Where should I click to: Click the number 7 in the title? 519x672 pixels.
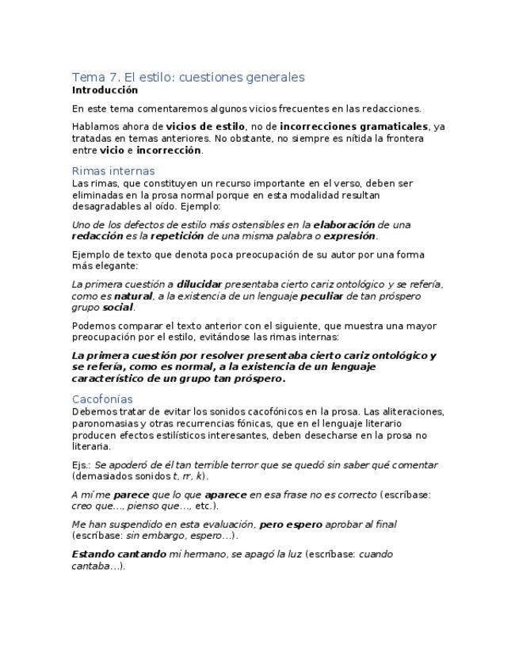tap(116, 77)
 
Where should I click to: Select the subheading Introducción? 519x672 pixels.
tap(105, 90)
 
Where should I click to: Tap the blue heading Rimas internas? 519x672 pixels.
tap(113, 171)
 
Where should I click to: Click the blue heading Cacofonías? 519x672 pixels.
tap(102, 399)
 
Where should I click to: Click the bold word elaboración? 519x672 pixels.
tap(344, 225)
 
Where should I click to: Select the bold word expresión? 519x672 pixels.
tap(349, 236)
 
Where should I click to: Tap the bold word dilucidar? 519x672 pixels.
tap(199, 284)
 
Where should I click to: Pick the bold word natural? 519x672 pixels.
tap(132, 296)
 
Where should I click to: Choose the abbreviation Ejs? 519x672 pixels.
tap(82, 465)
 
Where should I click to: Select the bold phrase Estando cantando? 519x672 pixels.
tap(119, 555)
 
